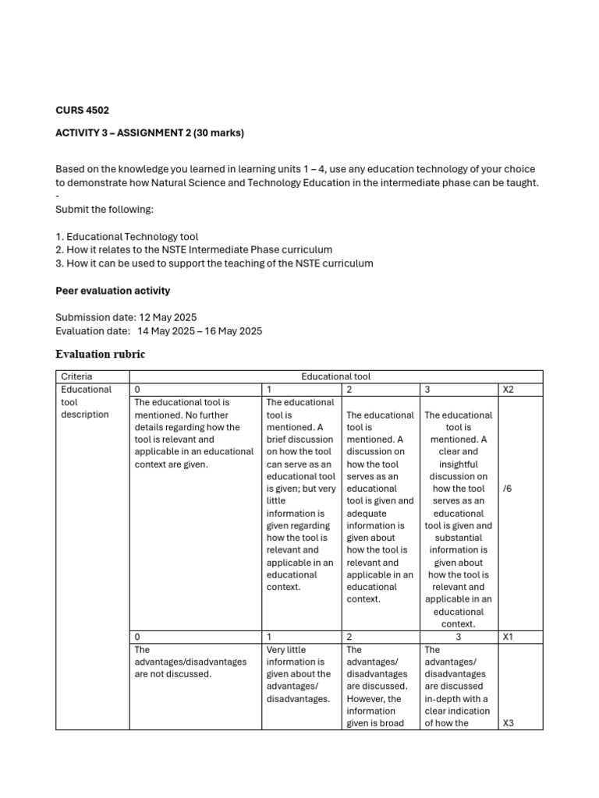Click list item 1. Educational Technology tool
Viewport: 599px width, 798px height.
tap(127, 237)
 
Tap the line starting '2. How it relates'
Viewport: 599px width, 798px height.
tap(193, 249)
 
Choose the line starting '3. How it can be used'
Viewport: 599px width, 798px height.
tap(214, 263)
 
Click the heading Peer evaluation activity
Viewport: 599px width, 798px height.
tap(112, 291)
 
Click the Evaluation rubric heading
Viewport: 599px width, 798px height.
tap(100, 355)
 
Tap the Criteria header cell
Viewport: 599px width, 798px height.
tap(76, 376)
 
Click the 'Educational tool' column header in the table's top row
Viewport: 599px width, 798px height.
tap(335, 376)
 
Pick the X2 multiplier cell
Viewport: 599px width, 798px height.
tap(509, 390)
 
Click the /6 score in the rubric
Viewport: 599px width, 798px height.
tap(509, 489)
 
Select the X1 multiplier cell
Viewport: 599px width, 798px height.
tap(509, 637)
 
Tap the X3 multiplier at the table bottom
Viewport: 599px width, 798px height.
tap(509, 723)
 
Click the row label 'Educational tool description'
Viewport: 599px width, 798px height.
tap(86, 402)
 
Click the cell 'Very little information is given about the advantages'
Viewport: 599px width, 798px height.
tap(299, 674)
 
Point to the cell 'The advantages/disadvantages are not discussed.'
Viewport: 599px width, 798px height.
tap(190, 662)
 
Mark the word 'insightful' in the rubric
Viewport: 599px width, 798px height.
tap(458, 464)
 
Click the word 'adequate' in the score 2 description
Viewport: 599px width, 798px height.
tap(366, 514)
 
